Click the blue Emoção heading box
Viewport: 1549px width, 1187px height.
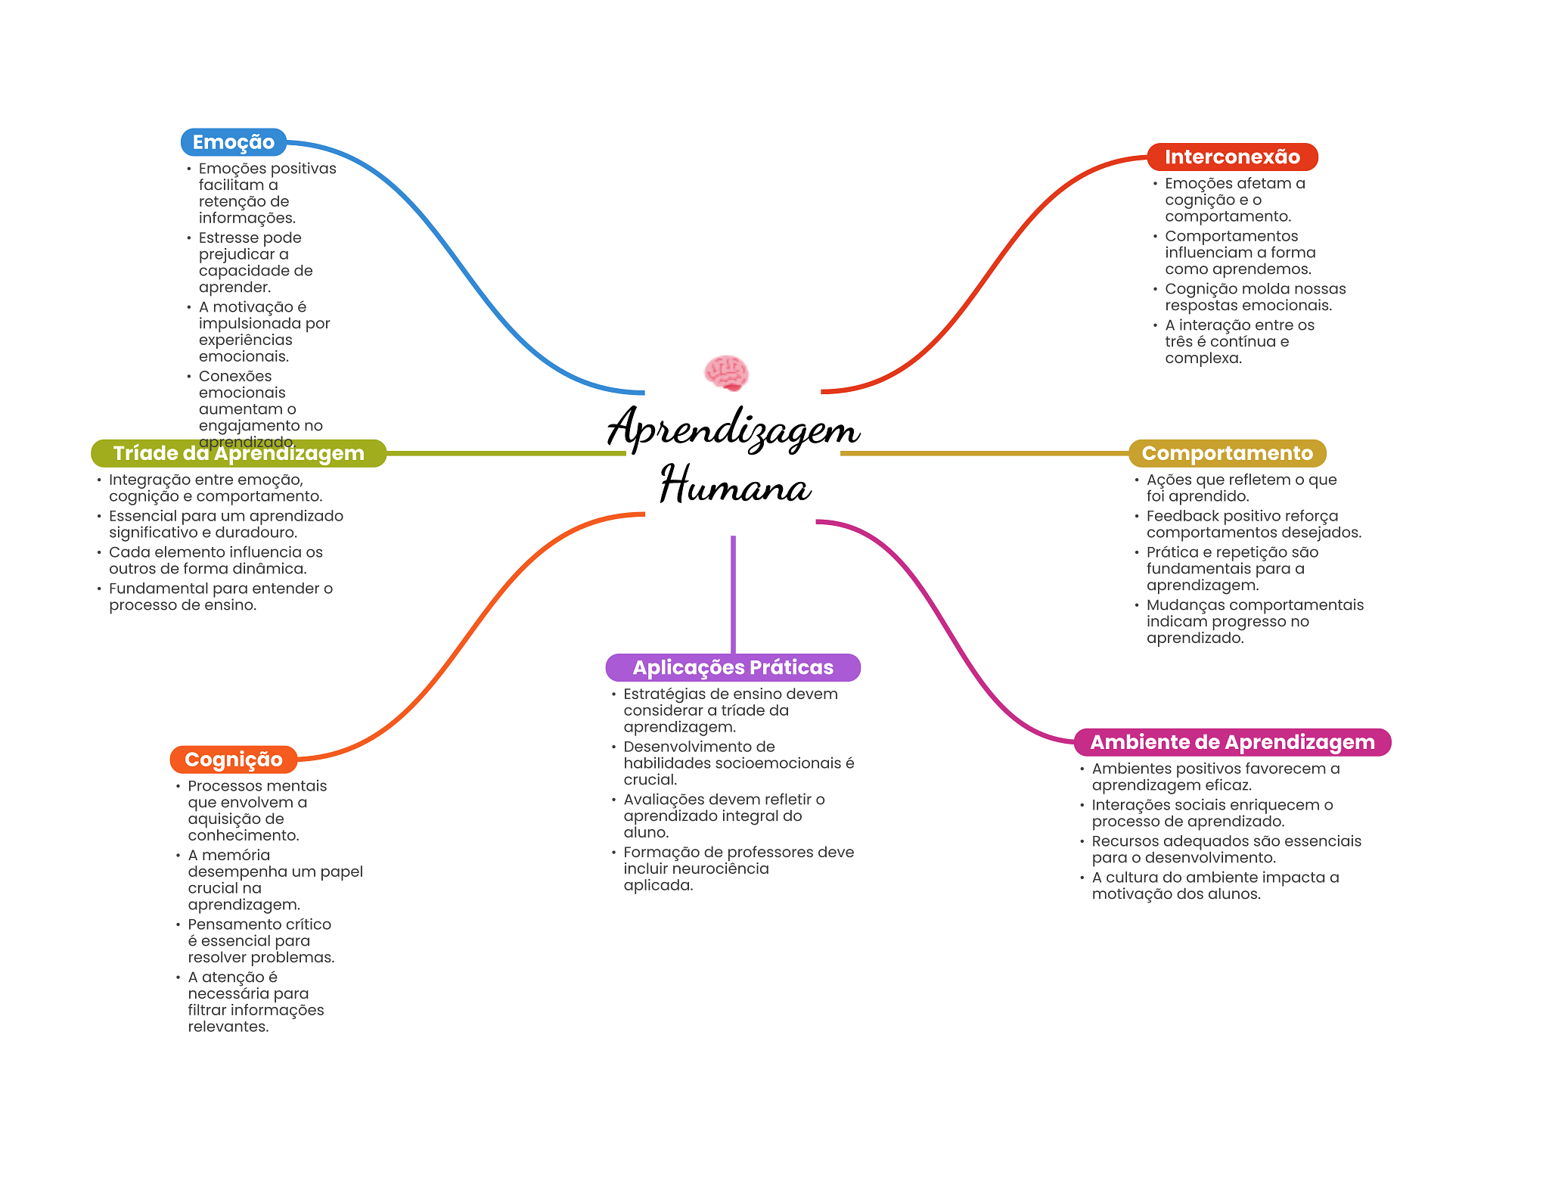234,142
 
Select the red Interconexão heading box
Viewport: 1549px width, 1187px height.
1232,157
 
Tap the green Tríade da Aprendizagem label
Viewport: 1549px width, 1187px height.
239,453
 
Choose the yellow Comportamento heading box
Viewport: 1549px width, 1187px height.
1228,453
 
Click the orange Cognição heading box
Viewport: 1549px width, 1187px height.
234,760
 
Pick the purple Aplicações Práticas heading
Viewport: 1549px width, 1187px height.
733,667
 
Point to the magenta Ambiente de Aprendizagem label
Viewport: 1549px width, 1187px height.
1233,742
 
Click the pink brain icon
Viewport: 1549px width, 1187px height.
726,373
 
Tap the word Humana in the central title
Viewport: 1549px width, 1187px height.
735,484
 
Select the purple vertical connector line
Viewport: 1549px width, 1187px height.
733,595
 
